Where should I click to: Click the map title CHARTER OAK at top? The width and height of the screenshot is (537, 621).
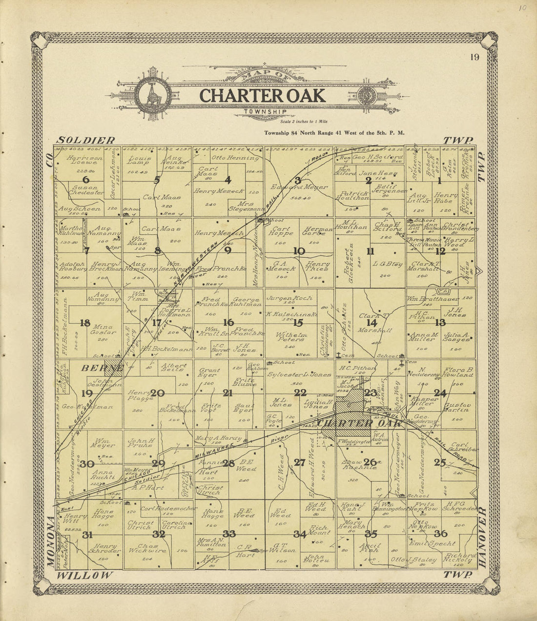[x=262, y=95]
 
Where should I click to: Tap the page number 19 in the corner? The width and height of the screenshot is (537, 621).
[x=475, y=58]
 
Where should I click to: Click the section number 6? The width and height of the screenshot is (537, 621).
[x=86, y=179]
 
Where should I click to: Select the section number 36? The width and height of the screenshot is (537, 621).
[x=440, y=534]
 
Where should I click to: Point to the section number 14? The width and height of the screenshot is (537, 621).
[x=372, y=322]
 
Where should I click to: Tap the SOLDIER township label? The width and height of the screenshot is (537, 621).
[x=86, y=140]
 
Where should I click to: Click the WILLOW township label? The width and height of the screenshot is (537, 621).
[x=84, y=575]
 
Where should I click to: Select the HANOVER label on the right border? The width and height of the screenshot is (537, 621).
[x=482, y=537]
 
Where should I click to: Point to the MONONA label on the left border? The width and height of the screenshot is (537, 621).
[x=50, y=542]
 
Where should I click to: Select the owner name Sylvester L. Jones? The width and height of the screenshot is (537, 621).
[x=299, y=374]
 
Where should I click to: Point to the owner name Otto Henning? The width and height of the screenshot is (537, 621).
[x=235, y=158]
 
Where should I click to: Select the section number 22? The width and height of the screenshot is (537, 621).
[x=300, y=393]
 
